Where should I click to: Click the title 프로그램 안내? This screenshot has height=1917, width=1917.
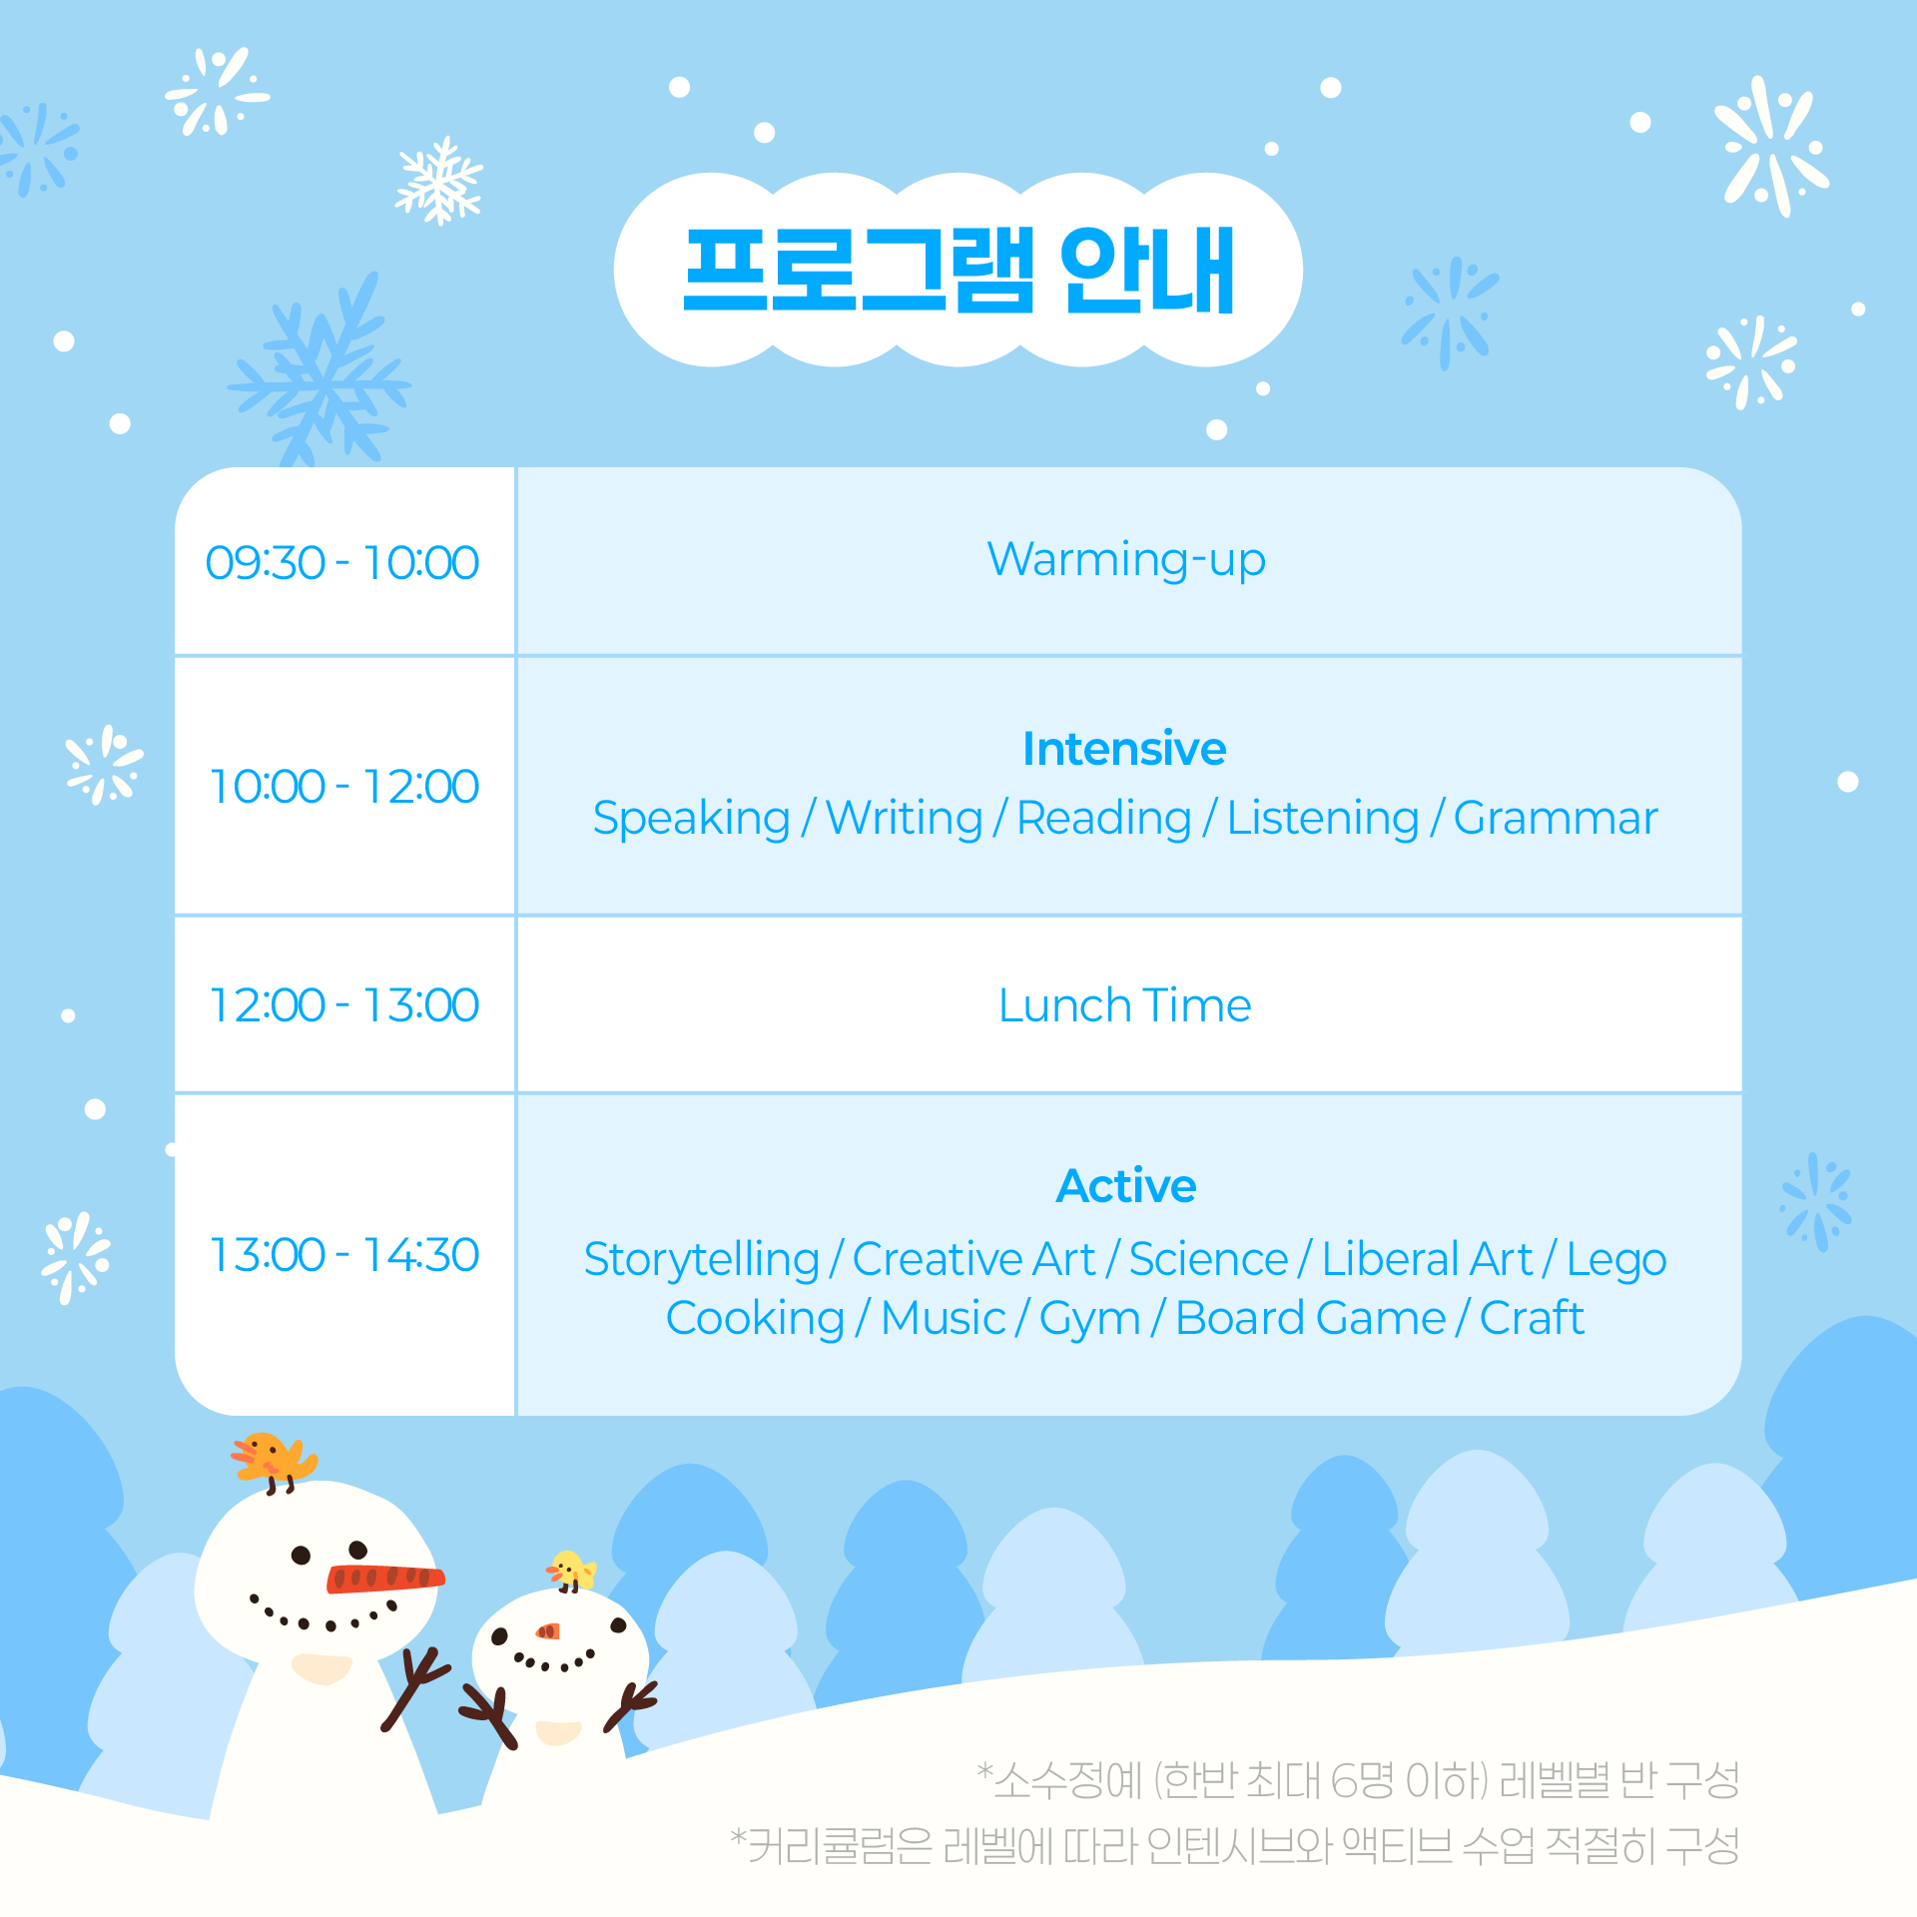[958, 270]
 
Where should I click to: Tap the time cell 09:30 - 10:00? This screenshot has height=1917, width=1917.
[342, 562]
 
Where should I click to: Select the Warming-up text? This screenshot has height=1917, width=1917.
[1126, 560]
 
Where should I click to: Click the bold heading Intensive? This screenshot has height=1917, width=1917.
[1124, 749]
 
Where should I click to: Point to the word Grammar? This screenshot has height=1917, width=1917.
[1556, 819]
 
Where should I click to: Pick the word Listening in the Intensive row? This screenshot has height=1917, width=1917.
[1322, 819]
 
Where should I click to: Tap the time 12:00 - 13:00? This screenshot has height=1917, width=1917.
[344, 1004]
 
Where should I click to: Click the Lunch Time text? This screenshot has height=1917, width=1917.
[1125, 1005]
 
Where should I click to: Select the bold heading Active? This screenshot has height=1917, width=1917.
[1126, 1186]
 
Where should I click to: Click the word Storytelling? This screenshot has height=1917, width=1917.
[702, 1260]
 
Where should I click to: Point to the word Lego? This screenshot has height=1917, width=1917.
[1616, 1260]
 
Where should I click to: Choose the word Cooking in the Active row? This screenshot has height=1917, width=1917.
[756, 1319]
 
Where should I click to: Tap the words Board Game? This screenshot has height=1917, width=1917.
[1311, 1318]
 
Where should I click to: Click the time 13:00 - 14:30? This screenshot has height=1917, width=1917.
[344, 1255]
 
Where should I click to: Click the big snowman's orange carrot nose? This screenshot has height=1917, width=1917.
[385, 1578]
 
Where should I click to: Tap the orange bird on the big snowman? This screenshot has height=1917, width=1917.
[274, 1460]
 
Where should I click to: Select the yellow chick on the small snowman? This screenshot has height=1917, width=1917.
[571, 1571]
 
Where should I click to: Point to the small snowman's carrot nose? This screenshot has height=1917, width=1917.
[548, 1631]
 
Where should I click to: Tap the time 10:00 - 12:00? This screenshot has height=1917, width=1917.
[344, 786]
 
